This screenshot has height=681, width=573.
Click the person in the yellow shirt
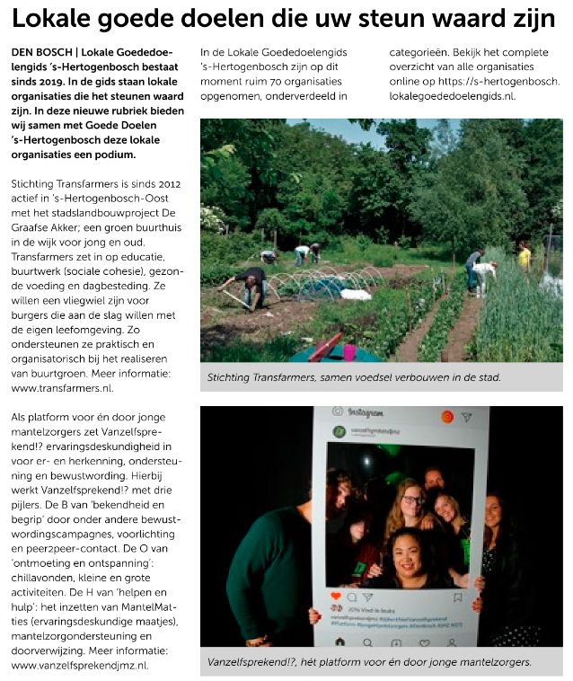(x=524, y=256)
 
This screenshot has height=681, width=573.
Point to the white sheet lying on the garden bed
(x=356, y=295)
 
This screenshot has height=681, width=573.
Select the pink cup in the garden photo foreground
(x=348, y=353)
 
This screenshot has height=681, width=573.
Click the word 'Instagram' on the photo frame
(x=365, y=412)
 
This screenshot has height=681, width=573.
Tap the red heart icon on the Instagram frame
(x=335, y=596)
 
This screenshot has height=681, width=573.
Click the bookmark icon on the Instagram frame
(x=457, y=597)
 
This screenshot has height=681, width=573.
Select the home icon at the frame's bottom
(x=340, y=642)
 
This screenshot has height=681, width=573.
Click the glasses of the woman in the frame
(x=411, y=500)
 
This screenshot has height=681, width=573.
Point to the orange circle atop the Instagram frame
(x=446, y=417)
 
